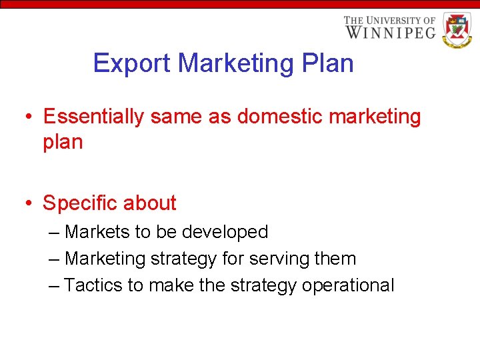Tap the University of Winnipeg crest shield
[457, 30]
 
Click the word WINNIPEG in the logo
[390, 32]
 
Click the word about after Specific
[152, 203]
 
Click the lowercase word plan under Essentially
[63, 143]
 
